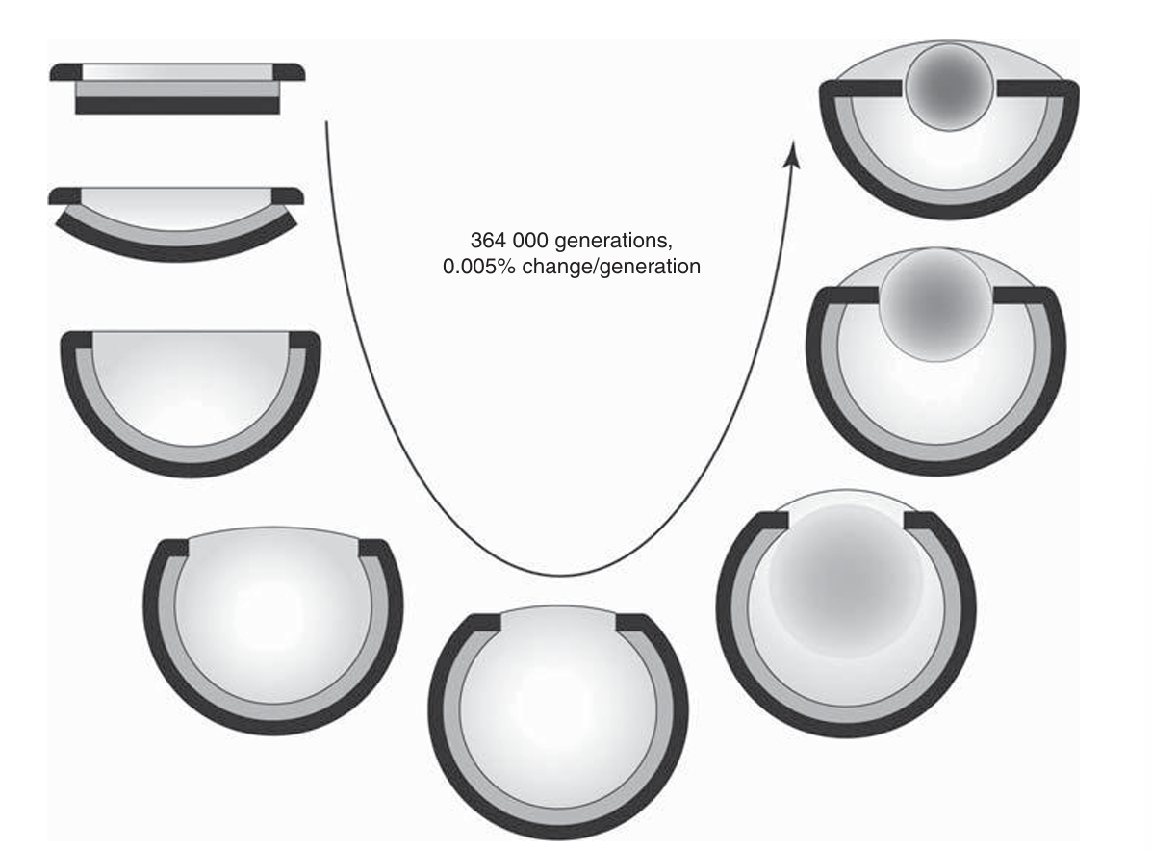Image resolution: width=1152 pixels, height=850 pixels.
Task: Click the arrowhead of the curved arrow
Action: click(792, 155)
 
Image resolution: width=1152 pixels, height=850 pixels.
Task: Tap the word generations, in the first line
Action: click(613, 242)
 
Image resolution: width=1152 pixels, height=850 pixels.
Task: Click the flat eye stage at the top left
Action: click(177, 89)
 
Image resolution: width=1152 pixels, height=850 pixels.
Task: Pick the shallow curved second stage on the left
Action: click(176, 224)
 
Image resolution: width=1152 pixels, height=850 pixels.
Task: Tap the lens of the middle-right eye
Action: click(936, 304)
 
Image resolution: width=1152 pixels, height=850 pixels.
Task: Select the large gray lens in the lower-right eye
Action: click(845, 581)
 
